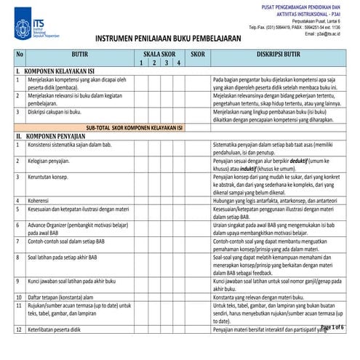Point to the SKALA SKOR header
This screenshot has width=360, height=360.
pos(158,55)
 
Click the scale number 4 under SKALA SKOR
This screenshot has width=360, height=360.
pos(178,63)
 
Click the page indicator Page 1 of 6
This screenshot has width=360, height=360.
pos(332,327)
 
